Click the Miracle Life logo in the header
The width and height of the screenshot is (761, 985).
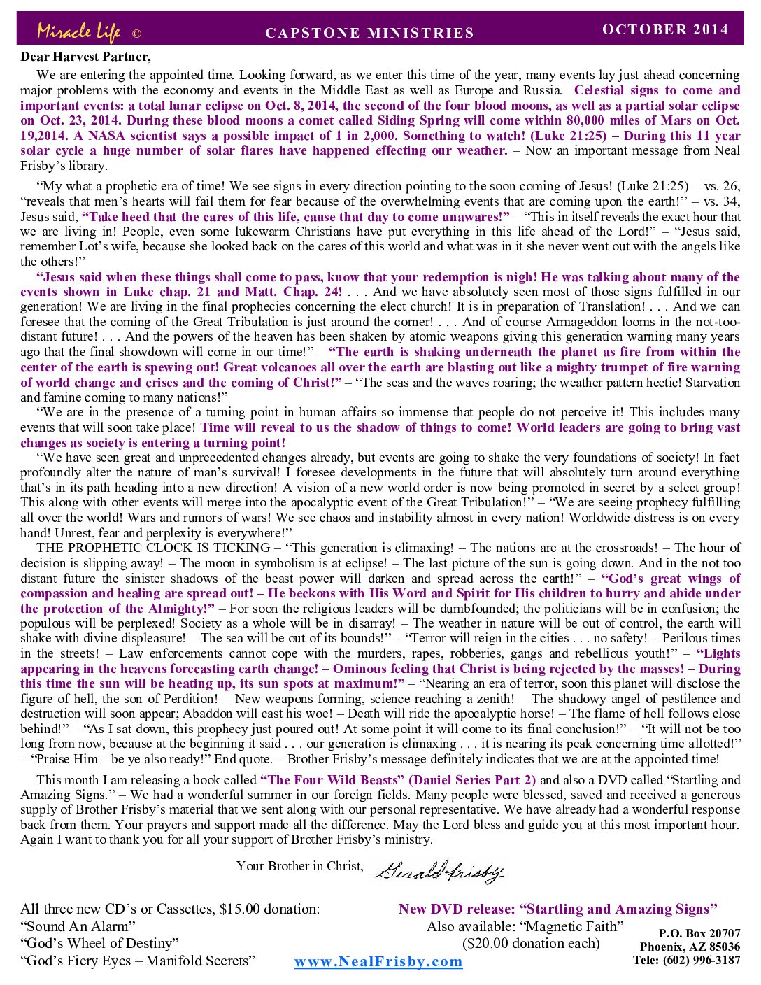point(78,31)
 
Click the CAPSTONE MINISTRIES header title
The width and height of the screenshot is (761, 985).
point(370,33)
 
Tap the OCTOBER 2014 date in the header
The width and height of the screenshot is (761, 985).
point(665,29)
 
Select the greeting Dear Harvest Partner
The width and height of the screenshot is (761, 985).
point(85,57)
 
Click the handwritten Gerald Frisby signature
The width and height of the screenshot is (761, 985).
point(439,871)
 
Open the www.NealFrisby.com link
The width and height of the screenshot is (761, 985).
point(378,961)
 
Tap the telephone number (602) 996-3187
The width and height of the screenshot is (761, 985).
point(686,960)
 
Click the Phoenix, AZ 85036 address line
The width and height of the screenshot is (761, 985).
point(690,947)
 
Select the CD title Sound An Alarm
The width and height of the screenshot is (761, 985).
point(78,926)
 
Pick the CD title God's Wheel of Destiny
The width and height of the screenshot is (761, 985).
point(100,943)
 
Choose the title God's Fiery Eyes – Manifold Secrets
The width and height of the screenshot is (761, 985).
point(138,961)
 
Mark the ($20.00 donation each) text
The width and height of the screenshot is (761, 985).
point(531,943)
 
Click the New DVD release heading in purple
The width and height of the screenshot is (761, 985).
point(557,909)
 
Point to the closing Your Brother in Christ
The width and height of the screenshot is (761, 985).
point(299,866)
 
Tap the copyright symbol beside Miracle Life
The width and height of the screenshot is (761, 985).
point(137,34)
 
